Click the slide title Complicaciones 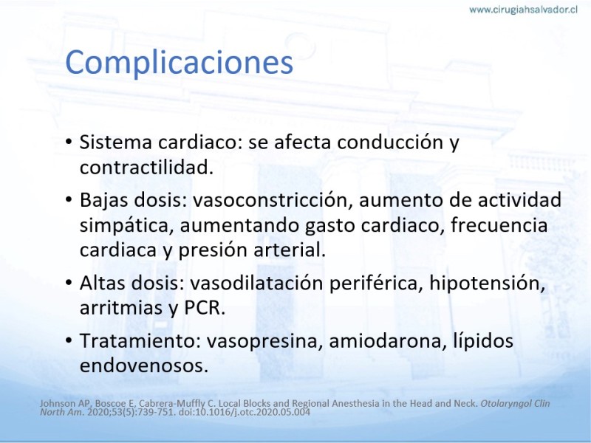(x=179, y=63)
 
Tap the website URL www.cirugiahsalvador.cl (x=523, y=10)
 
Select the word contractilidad (x=146, y=168)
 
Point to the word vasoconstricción (x=273, y=200)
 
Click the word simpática (x=126, y=226)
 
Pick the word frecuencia (x=499, y=225)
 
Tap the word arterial (x=290, y=250)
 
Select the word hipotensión (x=488, y=284)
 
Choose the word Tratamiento (x=140, y=340)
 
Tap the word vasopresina (x=264, y=341)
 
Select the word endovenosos (x=144, y=365)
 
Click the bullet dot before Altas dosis (x=68, y=283)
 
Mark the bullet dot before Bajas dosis (x=68, y=199)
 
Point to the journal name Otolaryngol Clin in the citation (x=515, y=403)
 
